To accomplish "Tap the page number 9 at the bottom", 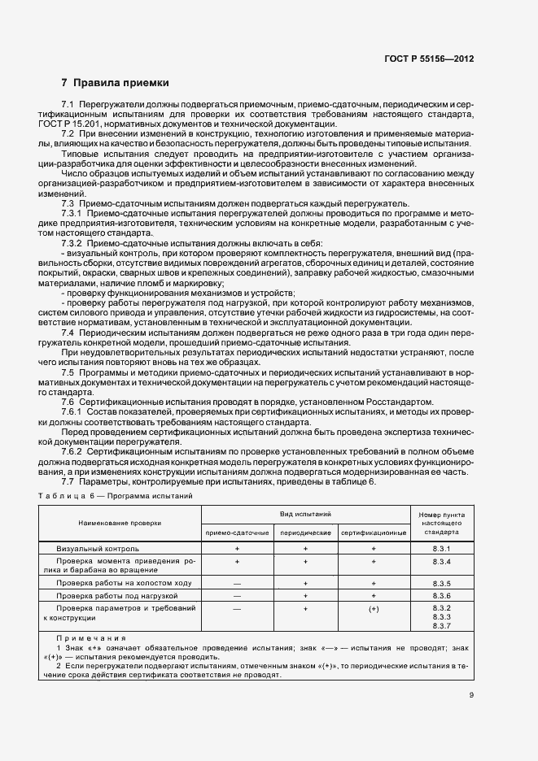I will [x=471, y=694].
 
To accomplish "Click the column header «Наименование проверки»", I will [x=120, y=524].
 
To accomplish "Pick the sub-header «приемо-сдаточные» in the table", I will [x=237, y=533].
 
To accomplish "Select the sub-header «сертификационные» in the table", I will [x=374, y=533].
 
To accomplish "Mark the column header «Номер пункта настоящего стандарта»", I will [x=442, y=524].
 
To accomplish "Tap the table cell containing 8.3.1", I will [x=442, y=550].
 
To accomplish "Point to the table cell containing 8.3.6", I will [x=442, y=596].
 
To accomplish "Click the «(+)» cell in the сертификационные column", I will [x=374, y=608].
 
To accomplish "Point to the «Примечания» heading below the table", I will [x=91, y=638].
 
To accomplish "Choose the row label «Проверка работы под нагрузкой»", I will [x=118, y=596].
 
